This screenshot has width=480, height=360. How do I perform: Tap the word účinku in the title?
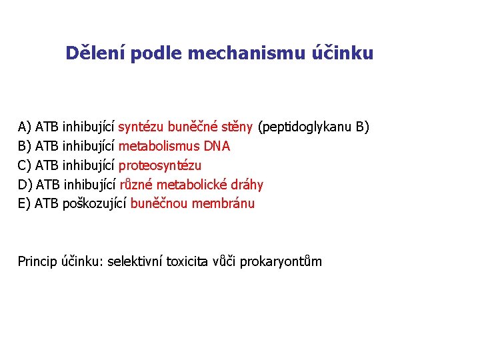[343, 53]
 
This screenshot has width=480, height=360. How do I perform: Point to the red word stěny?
[238, 127]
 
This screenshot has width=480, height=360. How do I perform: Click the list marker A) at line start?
[25, 127]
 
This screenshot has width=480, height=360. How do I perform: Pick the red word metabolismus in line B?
[153, 146]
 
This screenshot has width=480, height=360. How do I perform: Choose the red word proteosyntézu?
[160, 165]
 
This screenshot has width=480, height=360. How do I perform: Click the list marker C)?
[25, 165]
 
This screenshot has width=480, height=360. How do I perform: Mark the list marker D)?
[25, 185]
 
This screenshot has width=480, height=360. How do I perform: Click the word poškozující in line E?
[94, 204]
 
